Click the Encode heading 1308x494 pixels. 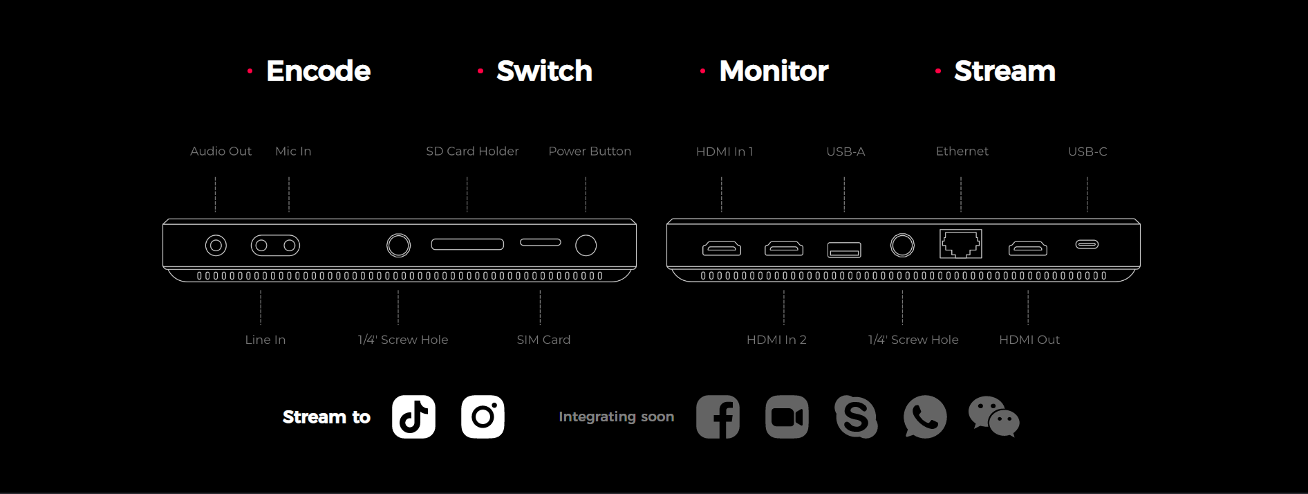point(318,71)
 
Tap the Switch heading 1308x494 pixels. point(544,71)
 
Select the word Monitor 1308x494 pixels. point(774,71)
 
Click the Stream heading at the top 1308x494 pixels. point(1005,71)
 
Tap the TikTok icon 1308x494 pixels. point(413,417)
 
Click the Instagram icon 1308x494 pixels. point(483,417)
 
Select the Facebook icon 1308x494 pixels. point(718,417)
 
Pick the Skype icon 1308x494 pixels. point(856,417)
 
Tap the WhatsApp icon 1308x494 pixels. point(925,417)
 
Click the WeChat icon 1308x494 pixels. point(993,417)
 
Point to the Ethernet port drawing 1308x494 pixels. point(960,244)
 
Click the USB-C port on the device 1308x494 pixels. point(1087,244)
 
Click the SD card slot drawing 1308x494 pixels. point(467,244)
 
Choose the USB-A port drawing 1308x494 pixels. point(844,250)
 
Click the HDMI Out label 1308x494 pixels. point(1029,340)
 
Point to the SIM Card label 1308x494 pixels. point(543,340)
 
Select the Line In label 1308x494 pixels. point(265,340)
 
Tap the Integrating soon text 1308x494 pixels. point(616,417)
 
